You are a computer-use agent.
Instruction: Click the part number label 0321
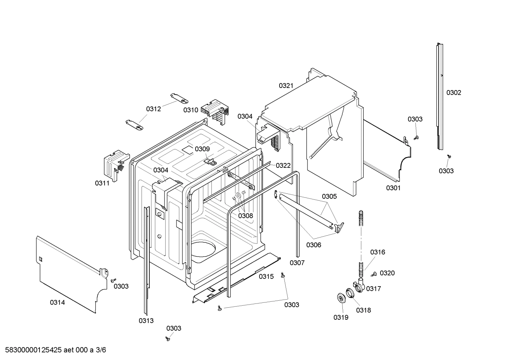click(286, 85)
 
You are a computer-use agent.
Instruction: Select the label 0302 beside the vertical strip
click(454, 93)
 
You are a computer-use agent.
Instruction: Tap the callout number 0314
click(57, 302)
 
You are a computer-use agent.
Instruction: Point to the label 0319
click(341, 317)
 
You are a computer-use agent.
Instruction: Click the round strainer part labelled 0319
click(341, 298)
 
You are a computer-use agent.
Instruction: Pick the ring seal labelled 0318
click(349, 293)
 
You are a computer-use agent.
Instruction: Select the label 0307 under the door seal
click(297, 262)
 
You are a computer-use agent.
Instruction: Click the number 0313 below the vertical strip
click(146, 320)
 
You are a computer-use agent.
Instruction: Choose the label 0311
click(102, 183)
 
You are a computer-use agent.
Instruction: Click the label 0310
click(191, 110)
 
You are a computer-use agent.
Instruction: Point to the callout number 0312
click(154, 109)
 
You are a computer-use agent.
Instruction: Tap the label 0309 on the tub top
click(202, 149)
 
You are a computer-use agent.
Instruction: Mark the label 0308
click(245, 216)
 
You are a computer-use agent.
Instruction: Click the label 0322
click(283, 165)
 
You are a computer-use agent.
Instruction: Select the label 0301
click(393, 188)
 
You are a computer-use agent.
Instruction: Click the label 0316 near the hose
click(377, 252)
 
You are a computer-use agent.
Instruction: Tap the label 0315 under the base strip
click(266, 277)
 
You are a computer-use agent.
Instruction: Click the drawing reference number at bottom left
click(53, 350)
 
